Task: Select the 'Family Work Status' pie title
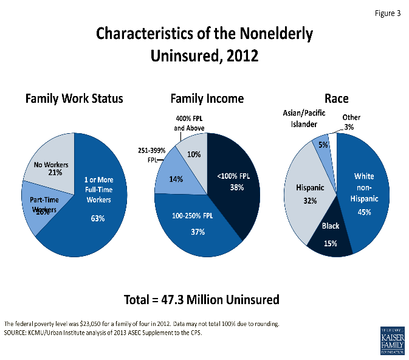tap(74, 99)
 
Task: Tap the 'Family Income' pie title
tap(207, 99)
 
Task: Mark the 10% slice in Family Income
tap(194, 155)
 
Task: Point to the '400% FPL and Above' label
tap(188, 123)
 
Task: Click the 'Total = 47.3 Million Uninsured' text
tap(201, 299)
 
